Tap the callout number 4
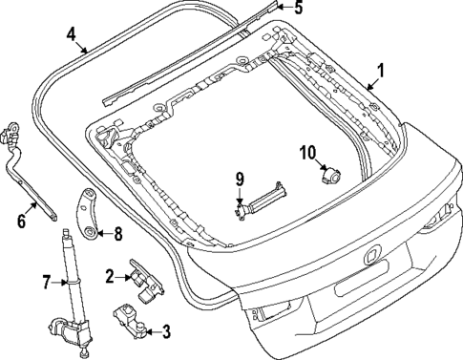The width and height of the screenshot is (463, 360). pyautogui.click(x=72, y=35)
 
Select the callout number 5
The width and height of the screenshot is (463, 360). pyautogui.click(x=298, y=9)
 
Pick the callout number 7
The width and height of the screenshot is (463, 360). pyautogui.click(x=44, y=282)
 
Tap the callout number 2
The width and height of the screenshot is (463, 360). pyautogui.click(x=111, y=277)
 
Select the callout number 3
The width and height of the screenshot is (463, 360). pyautogui.click(x=165, y=331)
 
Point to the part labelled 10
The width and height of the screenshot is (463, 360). pyautogui.click(x=332, y=175)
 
